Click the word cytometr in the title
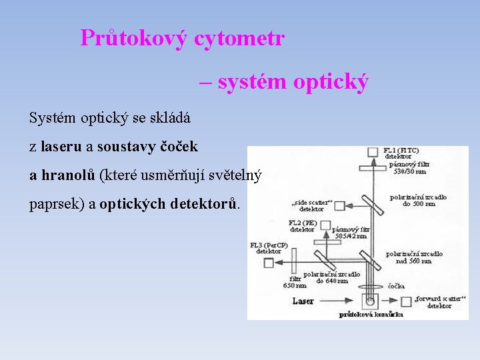coord(239,38)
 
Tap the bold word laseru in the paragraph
coord(61,146)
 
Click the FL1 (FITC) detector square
coord(373,153)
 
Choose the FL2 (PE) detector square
coord(326,233)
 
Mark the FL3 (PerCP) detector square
coord(269,263)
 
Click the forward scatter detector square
coord(405,301)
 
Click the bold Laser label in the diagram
coord(303,301)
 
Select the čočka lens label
coord(396,286)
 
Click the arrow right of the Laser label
coord(337,301)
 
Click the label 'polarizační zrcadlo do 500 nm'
coord(418,201)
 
